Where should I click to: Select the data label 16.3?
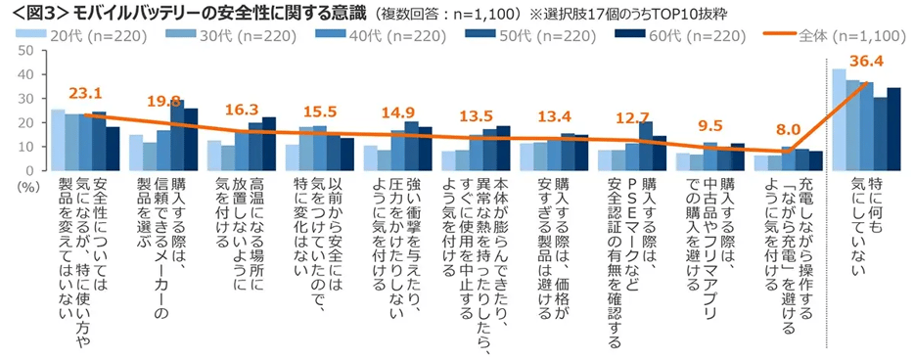click(x=242, y=111)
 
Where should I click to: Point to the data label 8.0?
click(x=786, y=128)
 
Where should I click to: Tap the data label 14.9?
click(x=396, y=113)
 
